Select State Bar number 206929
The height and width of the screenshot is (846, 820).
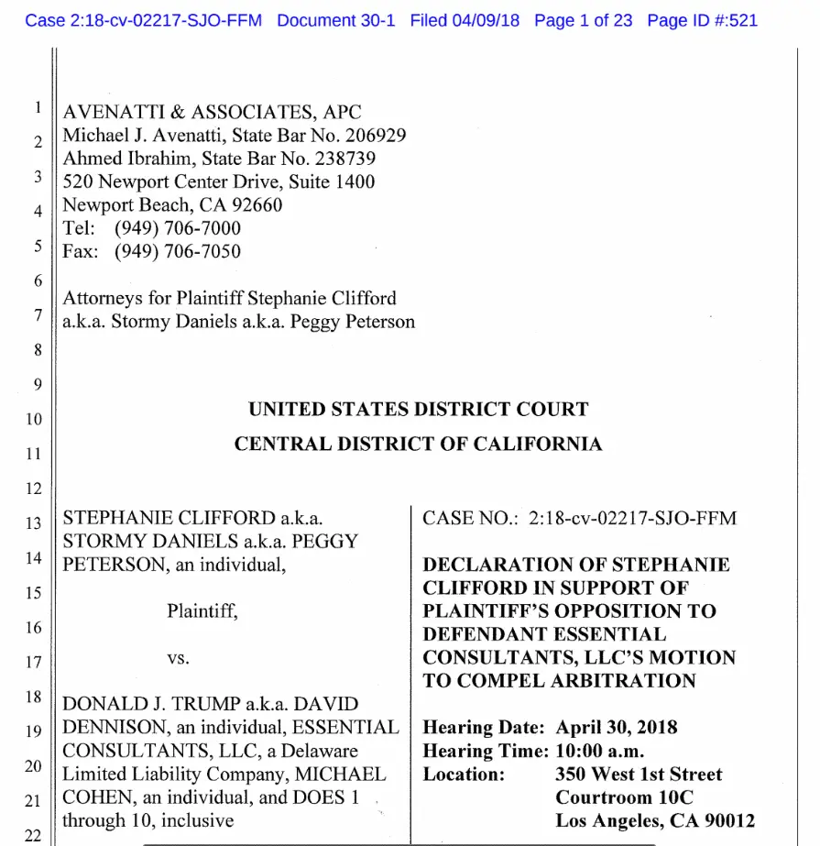coord(370,136)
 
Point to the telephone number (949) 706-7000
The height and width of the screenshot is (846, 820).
coord(178,228)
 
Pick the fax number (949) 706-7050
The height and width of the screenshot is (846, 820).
coord(178,251)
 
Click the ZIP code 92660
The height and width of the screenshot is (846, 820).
coord(255,204)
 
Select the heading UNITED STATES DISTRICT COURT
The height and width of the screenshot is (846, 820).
coord(418,410)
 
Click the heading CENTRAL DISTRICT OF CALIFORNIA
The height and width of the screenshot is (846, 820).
coord(418,445)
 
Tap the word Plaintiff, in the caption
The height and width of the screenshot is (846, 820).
coord(202,611)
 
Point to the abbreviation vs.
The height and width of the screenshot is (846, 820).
coord(178,658)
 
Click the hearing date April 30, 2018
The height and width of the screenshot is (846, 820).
coord(617,728)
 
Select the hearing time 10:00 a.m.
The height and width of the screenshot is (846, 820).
coord(600,751)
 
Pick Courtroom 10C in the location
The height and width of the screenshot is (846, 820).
coord(625,797)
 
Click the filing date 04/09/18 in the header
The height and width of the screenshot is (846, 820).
coord(485,20)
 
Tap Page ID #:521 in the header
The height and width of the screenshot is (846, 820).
coord(702,20)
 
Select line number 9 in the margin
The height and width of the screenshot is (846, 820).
coord(38,384)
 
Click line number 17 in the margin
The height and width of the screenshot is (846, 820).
coord(34,662)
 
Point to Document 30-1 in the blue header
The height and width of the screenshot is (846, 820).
coord(335,20)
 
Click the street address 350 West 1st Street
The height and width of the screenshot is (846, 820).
coord(639,775)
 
